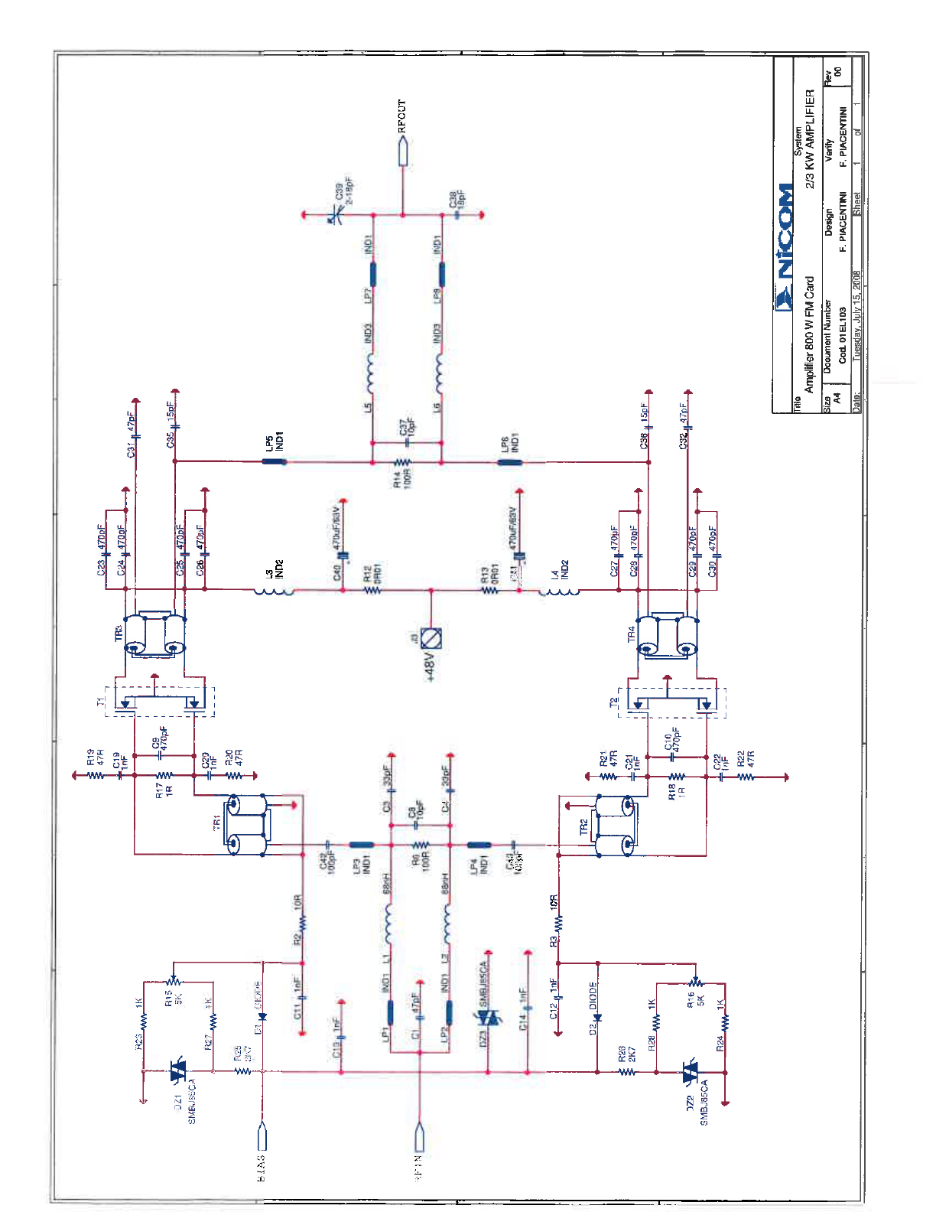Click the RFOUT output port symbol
[403, 151]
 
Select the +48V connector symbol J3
[431, 637]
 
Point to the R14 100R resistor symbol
[403, 462]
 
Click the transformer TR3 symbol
[155, 634]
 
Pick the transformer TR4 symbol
[668, 634]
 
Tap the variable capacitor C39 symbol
[335, 216]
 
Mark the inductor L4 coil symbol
[559, 591]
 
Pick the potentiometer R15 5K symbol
[174, 980]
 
